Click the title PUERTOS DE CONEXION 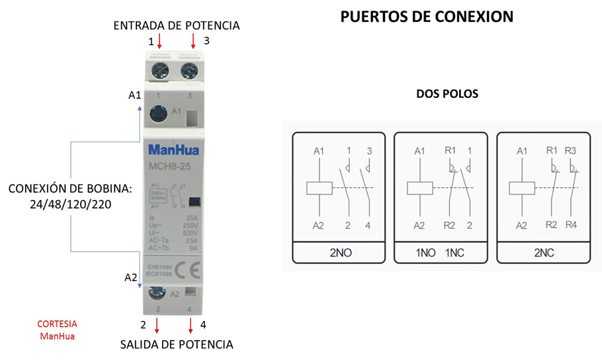pos(427,17)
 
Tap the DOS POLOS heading pos(447,94)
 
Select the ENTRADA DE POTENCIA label pos(177,26)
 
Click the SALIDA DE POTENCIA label pos(177,344)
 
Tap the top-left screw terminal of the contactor pos(160,69)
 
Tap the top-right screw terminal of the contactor pos(191,69)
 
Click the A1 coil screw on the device pos(159,113)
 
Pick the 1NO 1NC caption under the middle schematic pos(440,253)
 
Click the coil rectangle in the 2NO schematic pos(319,188)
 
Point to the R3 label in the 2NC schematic pos(572,151)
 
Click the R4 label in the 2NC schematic pos(572,225)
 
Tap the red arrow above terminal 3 pos(193,42)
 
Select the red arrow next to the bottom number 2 pos(157,326)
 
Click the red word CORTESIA pos(57,324)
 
